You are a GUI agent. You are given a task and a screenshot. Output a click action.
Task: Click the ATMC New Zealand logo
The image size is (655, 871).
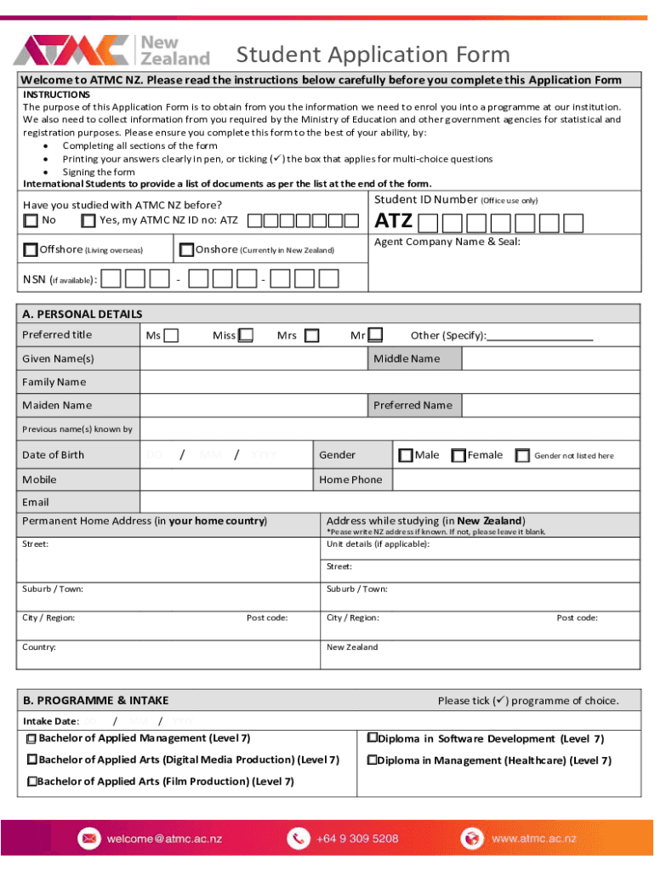click(x=111, y=51)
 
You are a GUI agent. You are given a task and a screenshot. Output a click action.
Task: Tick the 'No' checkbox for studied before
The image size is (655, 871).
click(x=31, y=221)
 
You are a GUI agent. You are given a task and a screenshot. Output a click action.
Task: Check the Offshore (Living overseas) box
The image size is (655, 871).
click(x=31, y=250)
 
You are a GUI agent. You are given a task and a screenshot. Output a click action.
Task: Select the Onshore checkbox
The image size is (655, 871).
click(x=186, y=250)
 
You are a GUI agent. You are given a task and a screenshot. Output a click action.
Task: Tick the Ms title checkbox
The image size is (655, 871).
click(x=171, y=335)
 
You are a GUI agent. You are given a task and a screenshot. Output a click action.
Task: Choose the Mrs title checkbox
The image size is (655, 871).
click(x=312, y=335)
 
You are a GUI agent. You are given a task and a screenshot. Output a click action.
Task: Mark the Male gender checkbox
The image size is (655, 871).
click(x=406, y=455)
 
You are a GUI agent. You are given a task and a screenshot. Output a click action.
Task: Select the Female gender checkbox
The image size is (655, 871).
click(x=458, y=455)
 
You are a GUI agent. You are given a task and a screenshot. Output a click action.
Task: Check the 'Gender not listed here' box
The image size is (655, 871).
click(x=522, y=456)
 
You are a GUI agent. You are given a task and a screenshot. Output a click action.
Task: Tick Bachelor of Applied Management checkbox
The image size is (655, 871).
click(x=31, y=738)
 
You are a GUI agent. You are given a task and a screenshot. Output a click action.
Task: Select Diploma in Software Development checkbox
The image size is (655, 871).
click(x=372, y=738)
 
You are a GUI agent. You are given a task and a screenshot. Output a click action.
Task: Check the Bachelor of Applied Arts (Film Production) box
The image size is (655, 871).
click(x=31, y=781)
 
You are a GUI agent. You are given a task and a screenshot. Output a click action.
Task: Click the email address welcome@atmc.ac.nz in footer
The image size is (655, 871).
click(x=163, y=839)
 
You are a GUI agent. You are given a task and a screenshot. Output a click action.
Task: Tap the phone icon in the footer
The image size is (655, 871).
click(x=298, y=839)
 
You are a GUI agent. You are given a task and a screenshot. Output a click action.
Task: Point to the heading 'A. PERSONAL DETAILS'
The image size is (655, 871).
click(x=83, y=314)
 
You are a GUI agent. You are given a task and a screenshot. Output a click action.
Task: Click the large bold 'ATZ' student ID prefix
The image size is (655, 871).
click(x=394, y=222)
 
